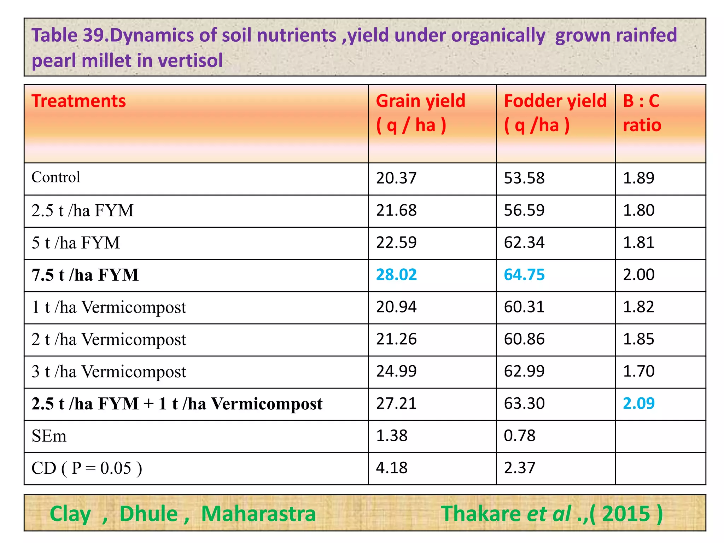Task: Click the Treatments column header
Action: (x=78, y=101)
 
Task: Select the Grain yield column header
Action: (x=420, y=113)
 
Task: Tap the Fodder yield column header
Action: (x=555, y=113)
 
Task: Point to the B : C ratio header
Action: (x=642, y=113)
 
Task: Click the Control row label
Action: (x=56, y=177)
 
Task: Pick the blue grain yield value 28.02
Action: (x=396, y=275)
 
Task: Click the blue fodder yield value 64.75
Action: (x=524, y=275)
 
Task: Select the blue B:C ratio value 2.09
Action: (x=638, y=403)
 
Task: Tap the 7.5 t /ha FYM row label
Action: (x=85, y=275)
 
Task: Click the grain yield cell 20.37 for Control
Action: (x=396, y=178)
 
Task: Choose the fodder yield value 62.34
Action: (x=524, y=243)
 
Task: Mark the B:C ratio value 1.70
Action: (x=638, y=371)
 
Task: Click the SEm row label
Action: (x=49, y=436)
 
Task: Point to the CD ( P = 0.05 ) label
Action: (x=87, y=468)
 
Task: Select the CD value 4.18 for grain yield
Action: (x=391, y=468)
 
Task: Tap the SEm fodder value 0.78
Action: (x=519, y=436)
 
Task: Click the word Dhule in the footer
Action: (x=148, y=514)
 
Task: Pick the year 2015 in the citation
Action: (x=626, y=514)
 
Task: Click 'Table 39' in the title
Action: (x=69, y=35)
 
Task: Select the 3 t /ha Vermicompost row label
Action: (x=109, y=372)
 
